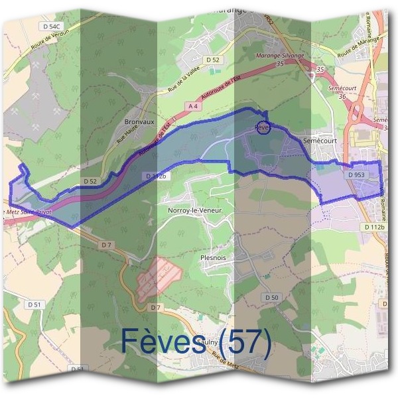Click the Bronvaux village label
click(139, 122)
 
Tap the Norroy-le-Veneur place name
click(194, 210)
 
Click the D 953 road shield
click(356, 174)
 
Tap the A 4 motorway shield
click(193, 106)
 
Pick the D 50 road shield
click(271, 298)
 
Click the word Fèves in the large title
click(163, 342)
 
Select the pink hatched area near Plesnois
click(160, 276)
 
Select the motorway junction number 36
click(342, 96)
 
